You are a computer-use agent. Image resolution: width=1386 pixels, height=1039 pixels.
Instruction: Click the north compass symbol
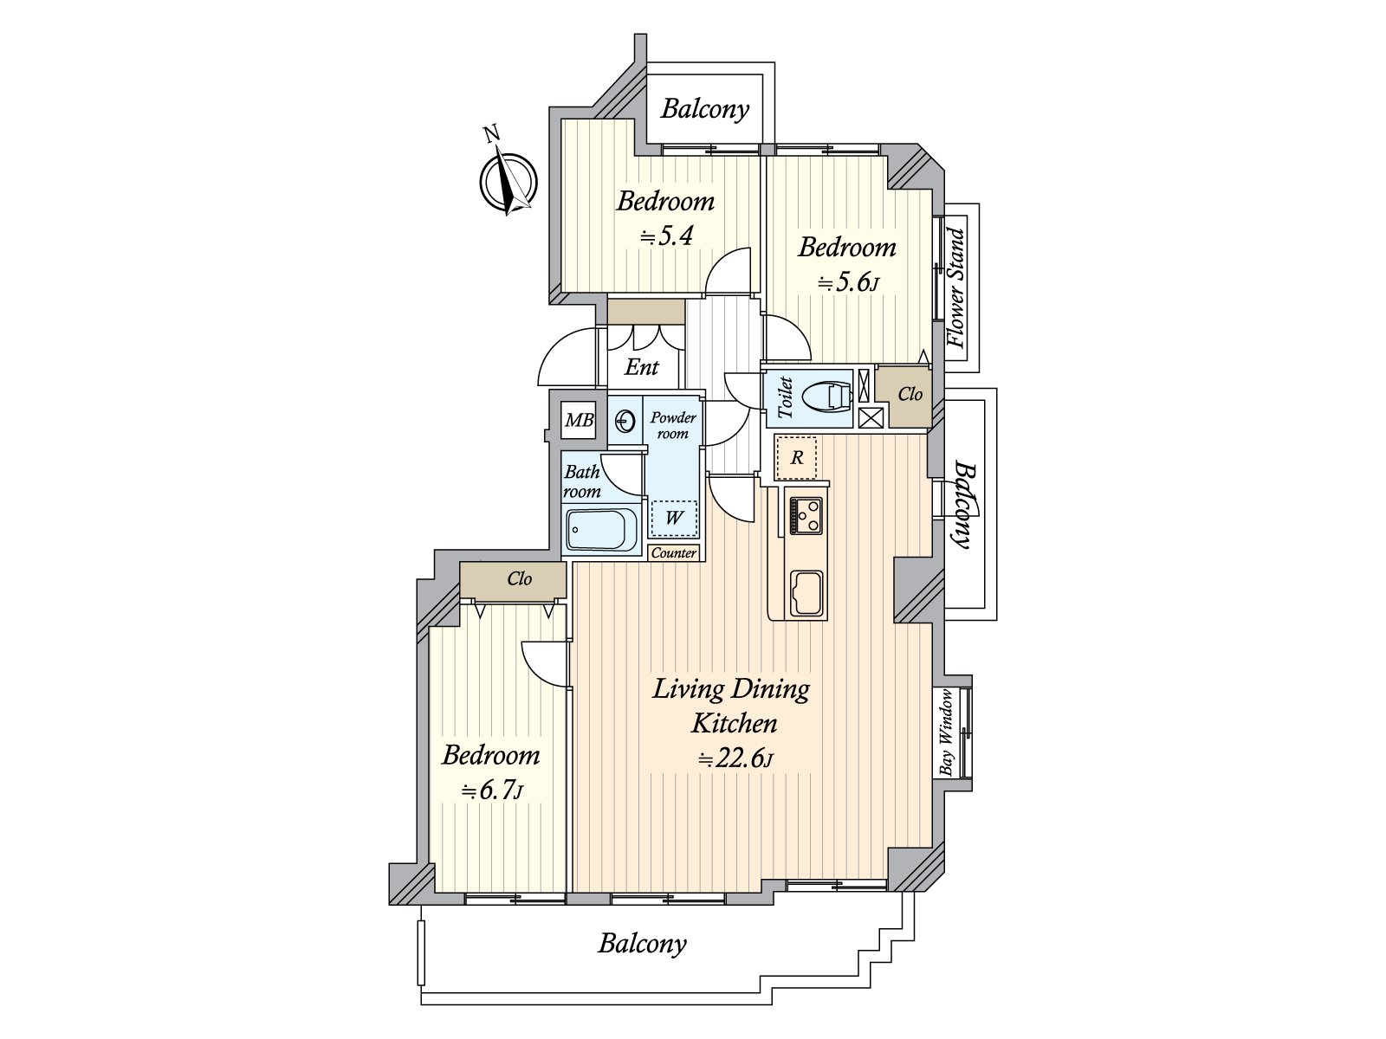click(x=509, y=182)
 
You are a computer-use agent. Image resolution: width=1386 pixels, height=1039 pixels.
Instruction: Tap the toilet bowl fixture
click(x=826, y=397)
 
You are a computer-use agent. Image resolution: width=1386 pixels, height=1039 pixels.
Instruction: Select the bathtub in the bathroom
click(x=600, y=530)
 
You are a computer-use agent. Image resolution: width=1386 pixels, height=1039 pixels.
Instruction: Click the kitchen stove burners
click(x=806, y=516)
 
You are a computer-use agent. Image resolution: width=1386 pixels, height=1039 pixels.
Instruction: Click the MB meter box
click(x=579, y=420)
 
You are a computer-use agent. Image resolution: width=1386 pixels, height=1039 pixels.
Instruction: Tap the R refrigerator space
click(x=797, y=457)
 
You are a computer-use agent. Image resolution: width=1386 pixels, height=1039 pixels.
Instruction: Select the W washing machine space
click(x=674, y=518)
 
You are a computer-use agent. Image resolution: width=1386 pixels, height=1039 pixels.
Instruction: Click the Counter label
click(x=673, y=553)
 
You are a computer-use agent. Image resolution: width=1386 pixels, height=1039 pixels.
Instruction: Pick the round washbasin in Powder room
click(x=625, y=422)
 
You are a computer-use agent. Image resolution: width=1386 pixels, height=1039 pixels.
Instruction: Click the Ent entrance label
click(x=642, y=367)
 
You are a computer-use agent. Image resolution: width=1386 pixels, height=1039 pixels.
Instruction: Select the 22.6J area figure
click(x=735, y=759)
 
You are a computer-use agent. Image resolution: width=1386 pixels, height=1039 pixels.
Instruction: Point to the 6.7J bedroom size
click(x=491, y=791)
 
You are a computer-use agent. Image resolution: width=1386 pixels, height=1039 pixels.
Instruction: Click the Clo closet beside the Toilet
click(x=910, y=395)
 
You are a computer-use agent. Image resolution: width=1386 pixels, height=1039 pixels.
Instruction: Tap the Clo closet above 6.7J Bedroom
click(x=519, y=578)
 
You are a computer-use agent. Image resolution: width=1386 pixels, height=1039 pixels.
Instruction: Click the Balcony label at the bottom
click(x=642, y=943)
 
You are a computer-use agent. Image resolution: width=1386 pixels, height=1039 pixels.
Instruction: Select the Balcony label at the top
click(x=704, y=109)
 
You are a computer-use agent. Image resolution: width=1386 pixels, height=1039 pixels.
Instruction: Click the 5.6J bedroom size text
click(x=848, y=283)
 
